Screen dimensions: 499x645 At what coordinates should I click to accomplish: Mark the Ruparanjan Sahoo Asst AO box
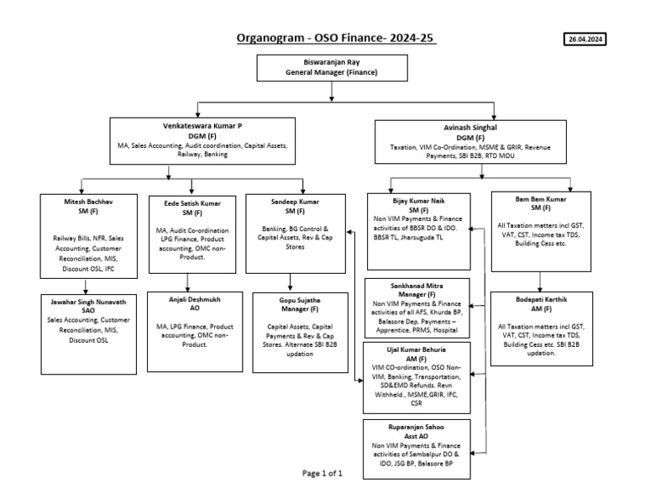(x=417, y=443)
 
